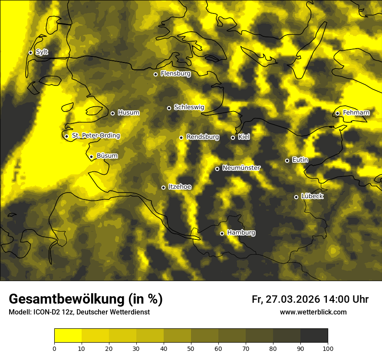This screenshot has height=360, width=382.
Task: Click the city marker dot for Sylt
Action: (x=30, y=52)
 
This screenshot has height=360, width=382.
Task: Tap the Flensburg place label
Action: (x=175, y=74)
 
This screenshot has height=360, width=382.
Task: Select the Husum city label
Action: (x=128, y=113)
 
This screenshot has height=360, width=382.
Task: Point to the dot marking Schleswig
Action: (x=169, y=108)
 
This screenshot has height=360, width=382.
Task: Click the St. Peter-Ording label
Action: (x=95, y=136)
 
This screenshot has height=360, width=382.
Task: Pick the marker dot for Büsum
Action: (x=91, y=157)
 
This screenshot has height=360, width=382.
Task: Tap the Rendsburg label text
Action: (x=203, y=137)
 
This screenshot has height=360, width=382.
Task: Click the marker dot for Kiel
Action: (x=233, y=137)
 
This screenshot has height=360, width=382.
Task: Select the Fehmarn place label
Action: (x=356, y=113)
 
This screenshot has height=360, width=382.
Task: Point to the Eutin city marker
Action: (x=287, y=160)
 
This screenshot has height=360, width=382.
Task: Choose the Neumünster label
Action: (x=241, y=168)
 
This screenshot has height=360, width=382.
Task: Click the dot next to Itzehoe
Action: (x=163, y=187)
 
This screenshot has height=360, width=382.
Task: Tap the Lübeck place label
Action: (x=312, y=196)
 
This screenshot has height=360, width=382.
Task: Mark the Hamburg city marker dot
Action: (x=222, y=233)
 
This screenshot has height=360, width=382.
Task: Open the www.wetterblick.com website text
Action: (x=313, y=312)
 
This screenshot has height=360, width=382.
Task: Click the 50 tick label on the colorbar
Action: (x=191, y=348)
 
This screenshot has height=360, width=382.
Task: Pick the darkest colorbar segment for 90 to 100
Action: (x=314, y=336)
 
